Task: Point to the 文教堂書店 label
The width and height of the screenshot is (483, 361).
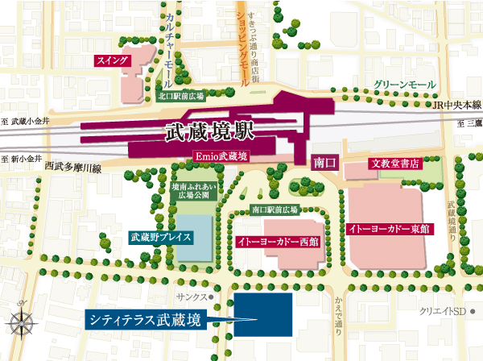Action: point(394,164)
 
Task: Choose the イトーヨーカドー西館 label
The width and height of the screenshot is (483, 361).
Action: point(278,241)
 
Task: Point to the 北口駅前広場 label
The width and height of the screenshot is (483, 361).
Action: point(181,95)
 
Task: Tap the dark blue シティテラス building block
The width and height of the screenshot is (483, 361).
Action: point(262,314)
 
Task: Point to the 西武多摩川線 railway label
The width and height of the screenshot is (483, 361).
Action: point(73,168)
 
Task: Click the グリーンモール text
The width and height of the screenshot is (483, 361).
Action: point(405,84)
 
